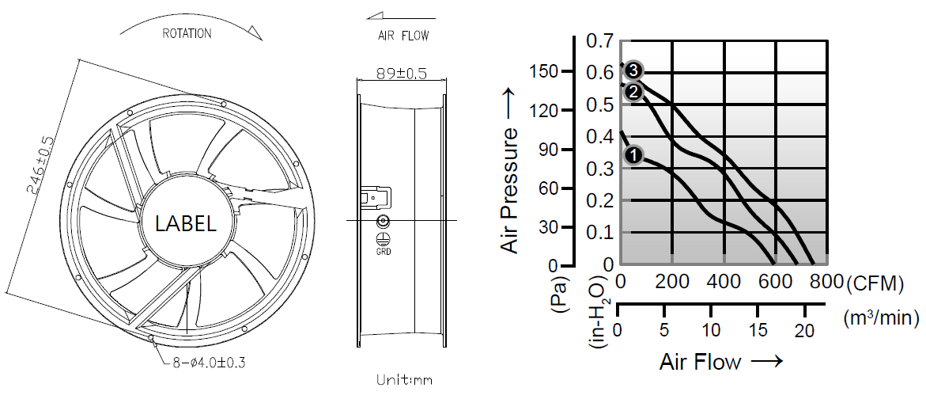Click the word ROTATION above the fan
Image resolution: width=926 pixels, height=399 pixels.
pyautogui.click(x=187, y=34)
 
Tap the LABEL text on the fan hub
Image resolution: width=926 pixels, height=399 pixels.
pyautogui.click(x=185, y=223)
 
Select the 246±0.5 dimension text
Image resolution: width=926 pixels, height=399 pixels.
pyautogui.click(x=40, y=165)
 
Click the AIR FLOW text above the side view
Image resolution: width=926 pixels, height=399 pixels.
pyautogui.click(x=403, y=36)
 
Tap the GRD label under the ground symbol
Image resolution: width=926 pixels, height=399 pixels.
pyautogui.click(x=384, y=251)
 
